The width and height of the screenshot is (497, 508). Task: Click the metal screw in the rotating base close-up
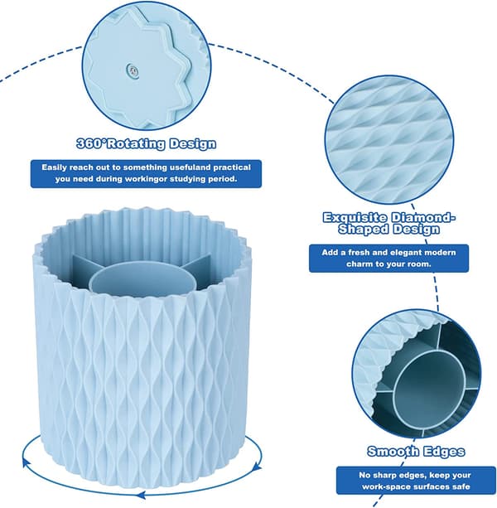[x=133, y=70]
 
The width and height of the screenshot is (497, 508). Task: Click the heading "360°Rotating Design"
[x=146, y=143]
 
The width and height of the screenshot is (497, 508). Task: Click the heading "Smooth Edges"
[x=416, y=452]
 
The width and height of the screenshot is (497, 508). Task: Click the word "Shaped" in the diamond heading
[x=364, y=230]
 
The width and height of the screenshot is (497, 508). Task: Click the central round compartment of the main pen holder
[x=142, y=278]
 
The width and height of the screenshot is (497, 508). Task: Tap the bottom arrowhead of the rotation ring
[x=140, y=495]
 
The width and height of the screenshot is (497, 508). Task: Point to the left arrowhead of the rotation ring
[x=25, y=462]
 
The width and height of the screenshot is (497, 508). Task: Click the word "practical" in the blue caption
[x=232, y=167]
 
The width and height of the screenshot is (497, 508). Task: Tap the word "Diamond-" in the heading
[x=422, y=218]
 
